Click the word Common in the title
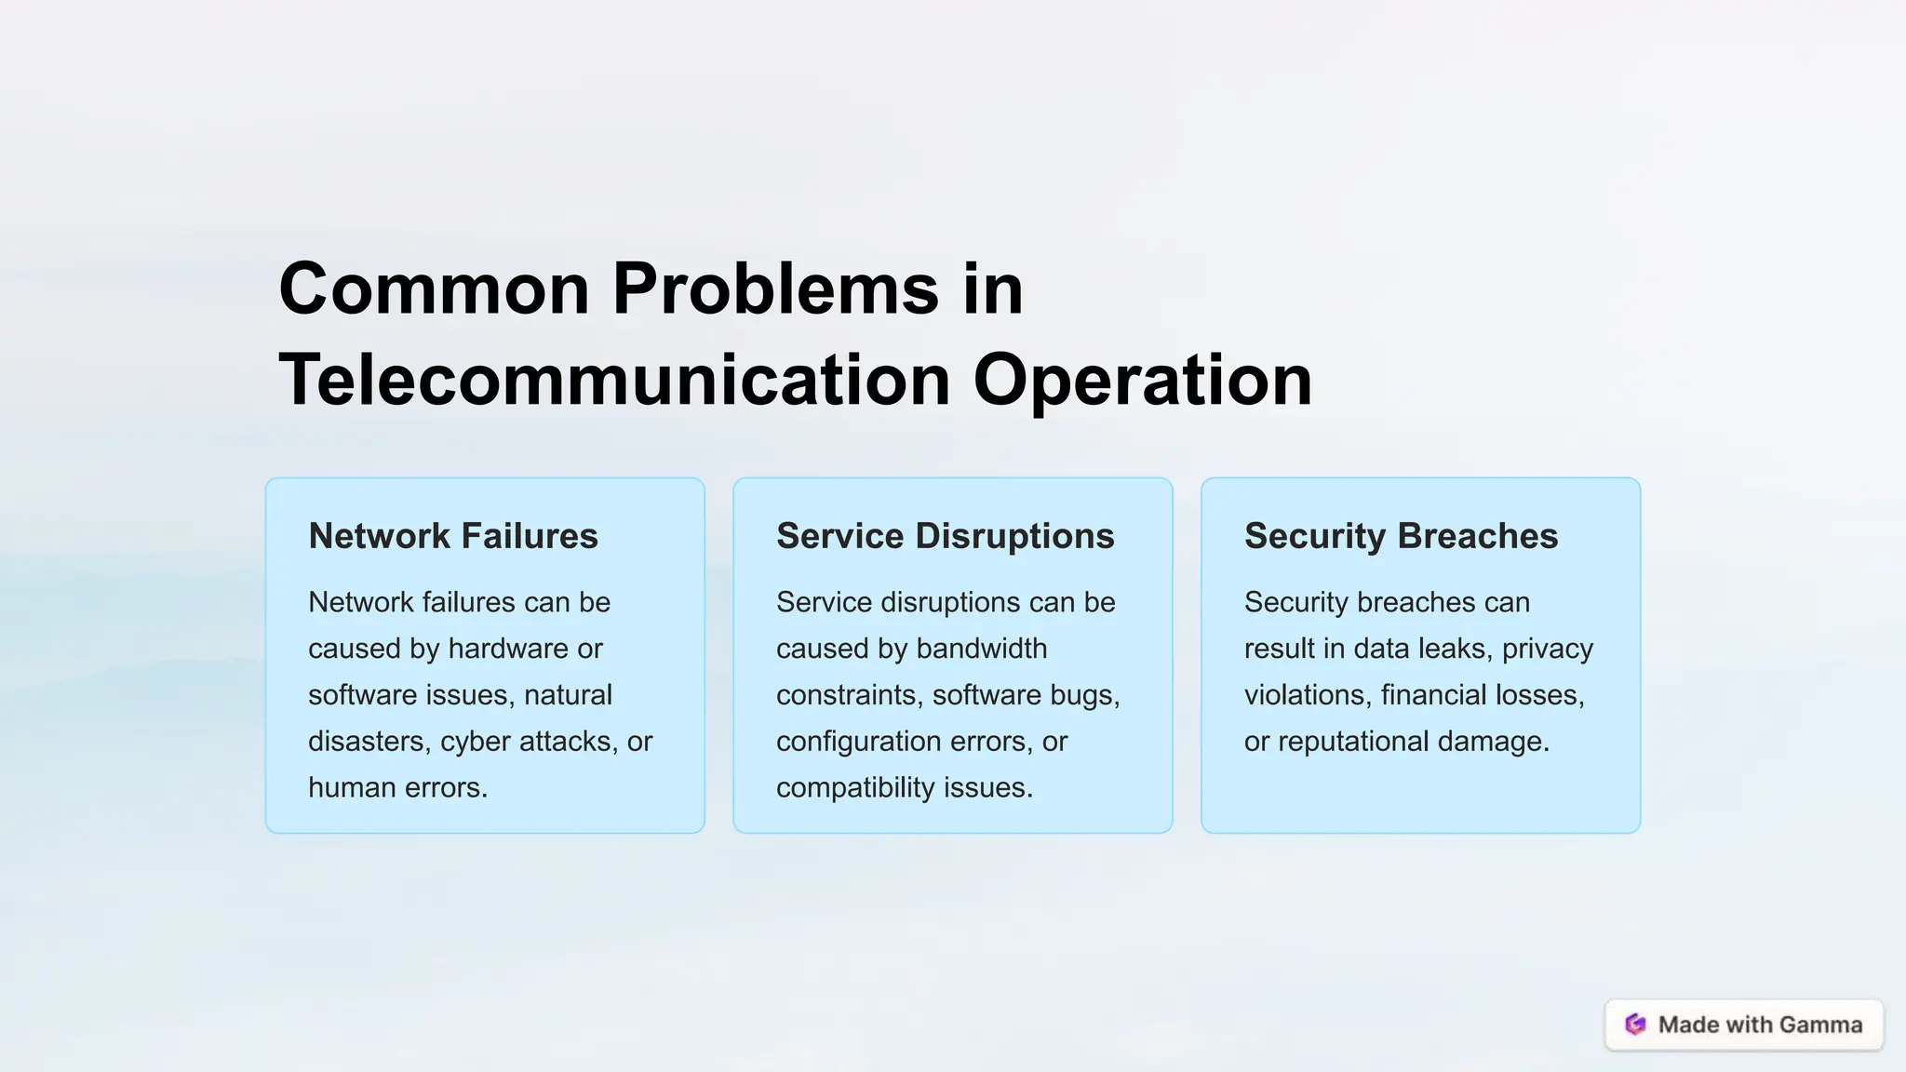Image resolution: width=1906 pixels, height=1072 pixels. tap(434, 288)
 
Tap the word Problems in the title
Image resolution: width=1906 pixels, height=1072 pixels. tap(776, 288)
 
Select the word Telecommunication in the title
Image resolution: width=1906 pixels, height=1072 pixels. tap(614, 380)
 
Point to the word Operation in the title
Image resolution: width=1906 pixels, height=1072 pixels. tap(1143, 380)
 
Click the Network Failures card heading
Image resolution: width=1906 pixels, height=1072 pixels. tap(453, 536)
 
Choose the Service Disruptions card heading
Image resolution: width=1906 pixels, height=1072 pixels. tap(945, 536)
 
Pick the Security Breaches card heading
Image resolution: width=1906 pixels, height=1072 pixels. tap(1401, 536)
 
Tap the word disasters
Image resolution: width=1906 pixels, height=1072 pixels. tap(369, 742)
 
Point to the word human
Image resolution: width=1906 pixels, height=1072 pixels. tap(350, 788)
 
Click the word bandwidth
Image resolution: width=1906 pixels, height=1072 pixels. tap(982, 649)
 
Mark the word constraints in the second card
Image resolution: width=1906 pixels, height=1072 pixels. tap(850, 695)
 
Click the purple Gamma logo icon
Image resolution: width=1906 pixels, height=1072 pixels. tap(1635, 1025)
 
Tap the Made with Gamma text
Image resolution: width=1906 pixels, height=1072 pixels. tap(1760, 1025)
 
